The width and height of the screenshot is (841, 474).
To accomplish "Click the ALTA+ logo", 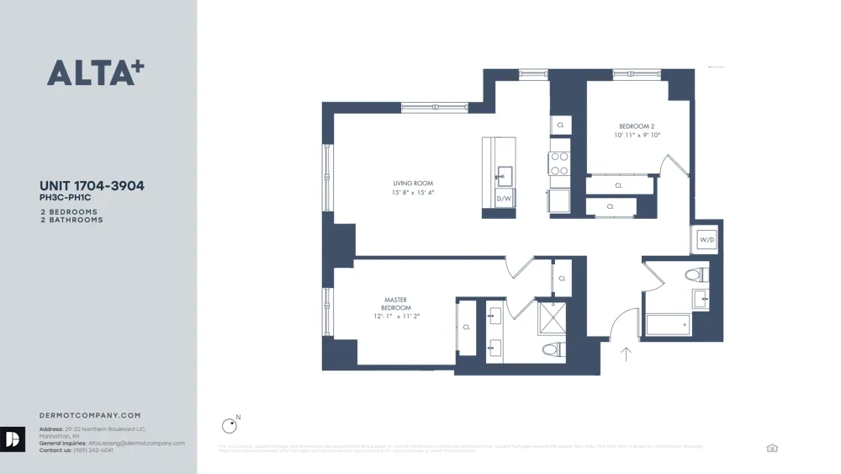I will click(95, 72).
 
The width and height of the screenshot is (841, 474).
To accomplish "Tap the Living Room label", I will click(412, 183).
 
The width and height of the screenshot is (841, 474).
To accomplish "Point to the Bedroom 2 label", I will click(637, 126).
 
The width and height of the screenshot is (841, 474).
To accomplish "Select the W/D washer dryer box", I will click(706, 240).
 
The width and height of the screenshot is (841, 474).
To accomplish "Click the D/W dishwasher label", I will click(504, 200).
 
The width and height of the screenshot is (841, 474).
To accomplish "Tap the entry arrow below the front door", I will click(626, 354).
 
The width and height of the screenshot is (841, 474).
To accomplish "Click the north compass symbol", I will click(229, 426).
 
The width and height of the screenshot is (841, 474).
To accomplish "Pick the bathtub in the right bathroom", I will click(669, 324).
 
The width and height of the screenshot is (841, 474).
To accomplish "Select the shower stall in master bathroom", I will click(552, 318).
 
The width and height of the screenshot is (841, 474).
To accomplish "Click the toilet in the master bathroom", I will click(552, 349).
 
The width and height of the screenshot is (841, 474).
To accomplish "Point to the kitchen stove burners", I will click(559, 162).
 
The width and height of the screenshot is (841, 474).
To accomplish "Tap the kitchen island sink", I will click(504, 174).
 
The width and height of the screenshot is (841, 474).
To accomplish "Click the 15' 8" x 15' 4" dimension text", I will click(412, 193).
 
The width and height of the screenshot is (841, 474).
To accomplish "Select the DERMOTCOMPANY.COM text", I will click(90, 415).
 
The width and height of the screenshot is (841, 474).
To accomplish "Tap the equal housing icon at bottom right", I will click(772, 449).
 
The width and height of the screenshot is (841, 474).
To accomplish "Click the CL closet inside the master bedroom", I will click(466, 327).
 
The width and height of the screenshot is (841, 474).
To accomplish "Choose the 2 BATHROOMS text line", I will click(71, 220).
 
